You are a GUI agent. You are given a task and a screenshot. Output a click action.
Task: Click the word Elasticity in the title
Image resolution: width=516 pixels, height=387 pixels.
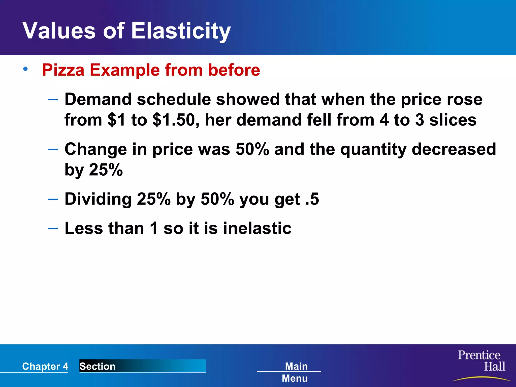(181, 31)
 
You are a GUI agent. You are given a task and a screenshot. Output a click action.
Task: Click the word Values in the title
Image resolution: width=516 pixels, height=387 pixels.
(59, 31)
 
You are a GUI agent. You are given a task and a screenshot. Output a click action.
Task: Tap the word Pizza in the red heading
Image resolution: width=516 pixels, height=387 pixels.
(63, 70)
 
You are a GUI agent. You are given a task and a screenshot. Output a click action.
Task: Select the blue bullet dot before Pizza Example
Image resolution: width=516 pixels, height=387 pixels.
(25, 69)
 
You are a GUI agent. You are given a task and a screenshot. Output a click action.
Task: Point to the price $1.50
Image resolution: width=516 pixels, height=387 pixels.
(174, 120)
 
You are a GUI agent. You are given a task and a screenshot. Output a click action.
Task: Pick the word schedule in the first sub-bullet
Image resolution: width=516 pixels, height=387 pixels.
(174, 99)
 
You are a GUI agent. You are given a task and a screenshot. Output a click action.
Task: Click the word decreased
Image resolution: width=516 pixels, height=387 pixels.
(454, 149)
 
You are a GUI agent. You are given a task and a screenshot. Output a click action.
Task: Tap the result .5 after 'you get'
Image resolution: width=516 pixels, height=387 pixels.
(312, 199)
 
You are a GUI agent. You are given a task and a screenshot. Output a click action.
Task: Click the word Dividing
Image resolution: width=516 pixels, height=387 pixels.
(98, 199)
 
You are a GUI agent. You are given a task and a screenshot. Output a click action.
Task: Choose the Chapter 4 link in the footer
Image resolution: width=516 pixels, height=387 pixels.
(45, 366)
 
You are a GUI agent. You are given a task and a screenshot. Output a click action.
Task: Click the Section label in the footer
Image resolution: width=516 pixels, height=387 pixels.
(98, 366)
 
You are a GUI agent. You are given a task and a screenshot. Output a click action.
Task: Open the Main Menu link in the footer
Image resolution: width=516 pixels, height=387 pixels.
(295, 372)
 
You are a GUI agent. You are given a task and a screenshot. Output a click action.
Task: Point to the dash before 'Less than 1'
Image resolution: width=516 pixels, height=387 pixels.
(53, 228)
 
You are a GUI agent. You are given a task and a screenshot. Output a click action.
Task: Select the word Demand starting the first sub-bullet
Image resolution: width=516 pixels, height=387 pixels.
(98, 99)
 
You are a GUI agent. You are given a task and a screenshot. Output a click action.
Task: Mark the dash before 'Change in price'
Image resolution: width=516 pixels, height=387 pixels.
(53, 149)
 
